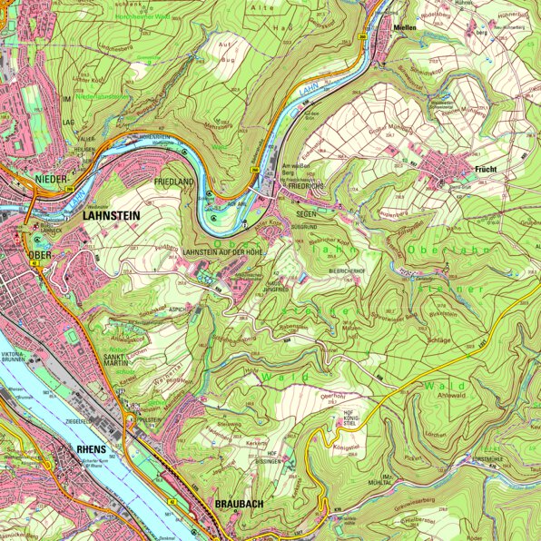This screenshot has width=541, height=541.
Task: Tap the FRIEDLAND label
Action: [176, 182]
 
